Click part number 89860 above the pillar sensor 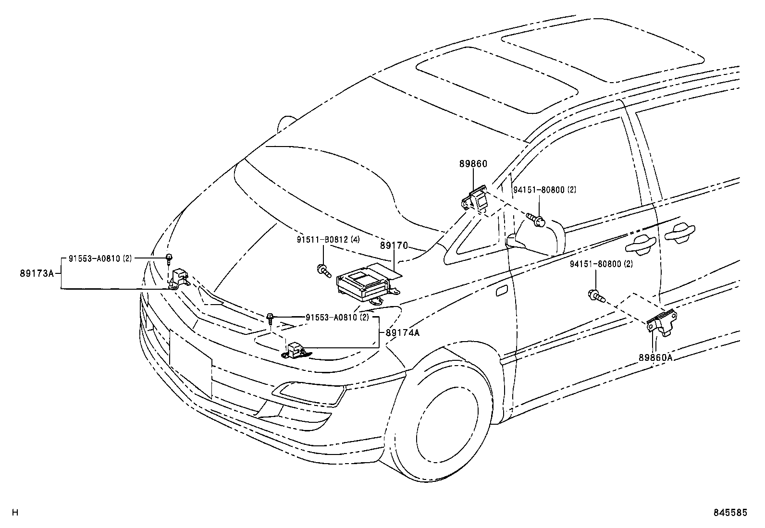coord(473,164)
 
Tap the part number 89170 coord(394,246)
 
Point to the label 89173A coord(37,273)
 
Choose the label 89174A coord(402,332)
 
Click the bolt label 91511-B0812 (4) coord(328,239)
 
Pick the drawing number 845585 coord(730,513)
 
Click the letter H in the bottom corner coord(15,513)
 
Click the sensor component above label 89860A coord(662,322)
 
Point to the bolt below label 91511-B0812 coord(323,270)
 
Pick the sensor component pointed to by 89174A coord(295,350)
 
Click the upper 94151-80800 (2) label coord(544,190)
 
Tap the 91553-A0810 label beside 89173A coord(99,258)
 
